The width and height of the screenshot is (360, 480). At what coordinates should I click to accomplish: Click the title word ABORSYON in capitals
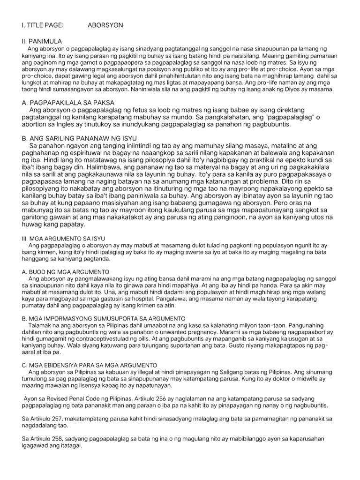coord(105,25)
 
